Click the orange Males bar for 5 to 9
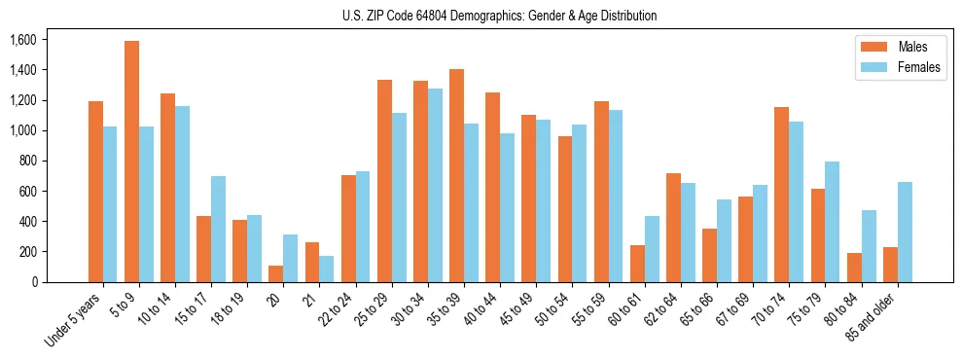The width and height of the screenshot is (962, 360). pyautogui.click(x=131, y=162)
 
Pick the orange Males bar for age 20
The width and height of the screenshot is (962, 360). pyautogui.click(x=276, y=273)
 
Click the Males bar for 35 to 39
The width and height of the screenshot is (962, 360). pyautogui.click(x=456, y=175)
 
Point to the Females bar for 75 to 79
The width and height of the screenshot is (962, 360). pyautogui.click(x=833, y=222)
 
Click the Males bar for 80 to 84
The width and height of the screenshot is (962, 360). pyautogui.click(x=854, y=268)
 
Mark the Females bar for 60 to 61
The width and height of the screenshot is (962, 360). pyautogui.click(x=652, y=249)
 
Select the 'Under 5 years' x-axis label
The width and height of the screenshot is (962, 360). pyautogui.click(x=74, y=319)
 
